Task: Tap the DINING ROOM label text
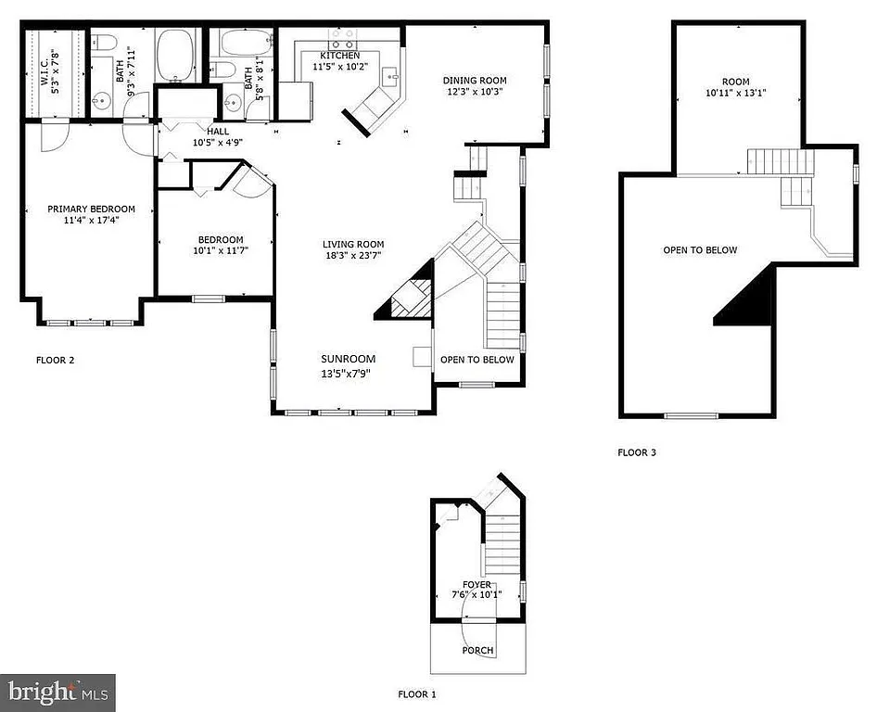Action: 475,81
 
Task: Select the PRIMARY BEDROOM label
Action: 92,209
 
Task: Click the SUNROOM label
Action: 349,359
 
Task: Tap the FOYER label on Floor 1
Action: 477,584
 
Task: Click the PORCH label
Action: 478,650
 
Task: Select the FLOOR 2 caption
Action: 55,360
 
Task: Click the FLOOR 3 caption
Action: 637,452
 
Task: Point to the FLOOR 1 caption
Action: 416,693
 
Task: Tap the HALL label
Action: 218,132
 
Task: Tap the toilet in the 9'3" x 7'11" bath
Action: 102,42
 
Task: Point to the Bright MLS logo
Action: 57,692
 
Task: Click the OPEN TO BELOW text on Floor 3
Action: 700,250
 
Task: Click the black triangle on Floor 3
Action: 751,301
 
